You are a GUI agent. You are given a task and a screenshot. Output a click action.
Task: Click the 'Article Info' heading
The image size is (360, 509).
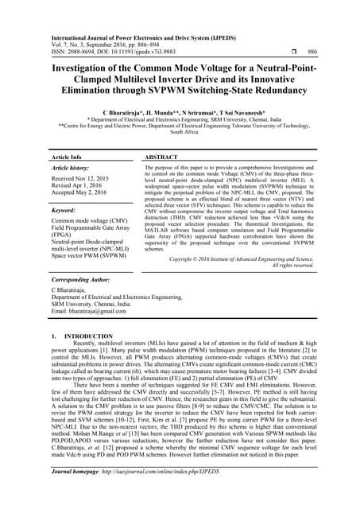coord(68,159)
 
